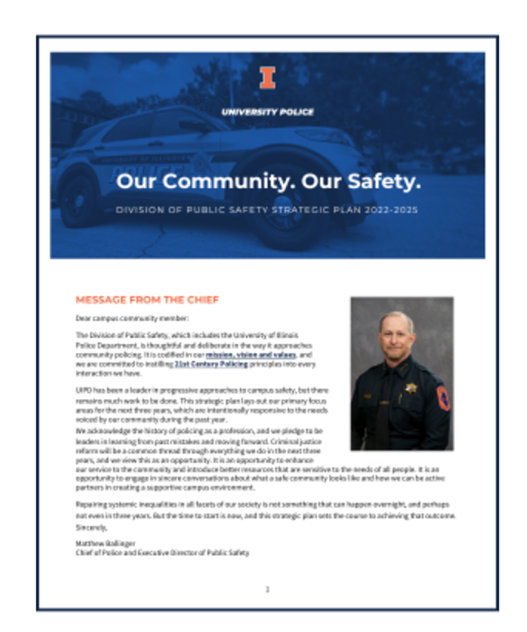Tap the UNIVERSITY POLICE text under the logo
267,112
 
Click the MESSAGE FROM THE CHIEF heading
147,300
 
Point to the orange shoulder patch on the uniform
443,398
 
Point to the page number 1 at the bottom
267,588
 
